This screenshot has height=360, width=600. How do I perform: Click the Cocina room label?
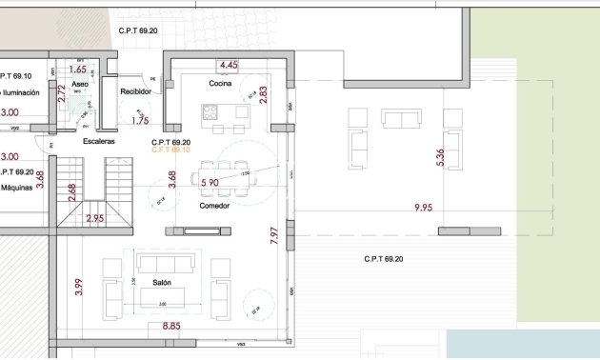click(x=222, y=85)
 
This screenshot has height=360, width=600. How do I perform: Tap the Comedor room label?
click(x=214, y=207)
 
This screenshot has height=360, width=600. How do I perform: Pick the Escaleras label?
click(x=99, y=141)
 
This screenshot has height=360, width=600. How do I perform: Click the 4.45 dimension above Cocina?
click(x=229, y=65)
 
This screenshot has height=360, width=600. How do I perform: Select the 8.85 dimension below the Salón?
click(x=171, y=326)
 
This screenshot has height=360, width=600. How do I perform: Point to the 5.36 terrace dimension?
click(x=440, y=158)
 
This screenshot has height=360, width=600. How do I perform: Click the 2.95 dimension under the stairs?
click(x=95, y=219)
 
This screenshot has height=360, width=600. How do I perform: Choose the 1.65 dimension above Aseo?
click(x=78, y=70)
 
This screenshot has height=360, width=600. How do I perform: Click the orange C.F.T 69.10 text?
click(x=170, y=150)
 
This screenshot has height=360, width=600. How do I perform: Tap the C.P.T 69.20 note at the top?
click(x=140, y=30)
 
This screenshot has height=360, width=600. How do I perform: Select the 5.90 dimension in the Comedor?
click(x=210, y=182)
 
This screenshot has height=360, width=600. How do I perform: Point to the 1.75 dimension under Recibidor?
click(x=141, y=121)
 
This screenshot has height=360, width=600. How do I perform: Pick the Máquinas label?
click(x=17, y=188)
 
